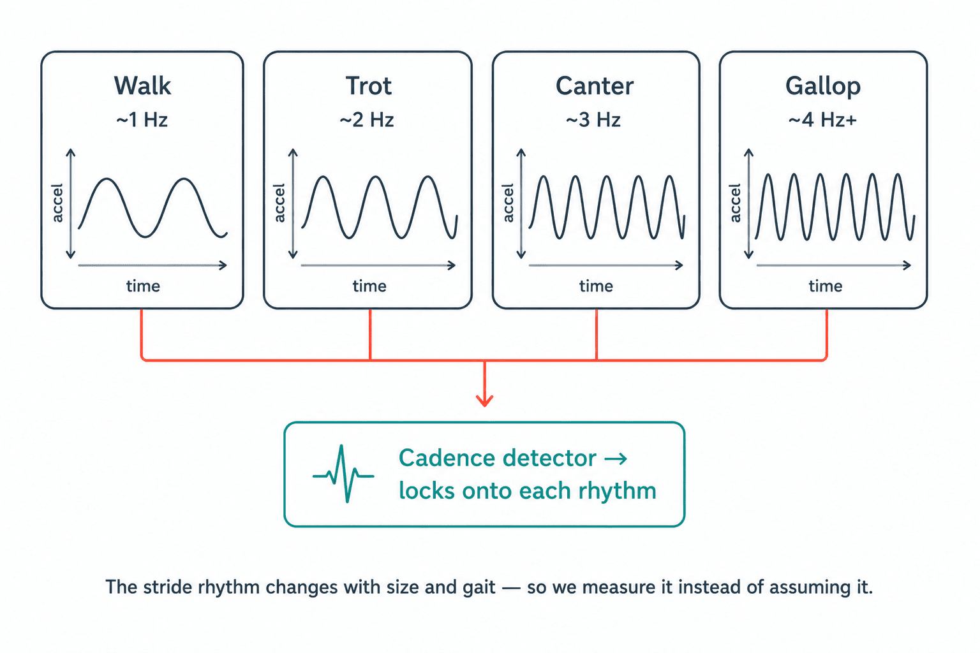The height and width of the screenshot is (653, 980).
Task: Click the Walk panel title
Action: pyautogui.click(x=142, y=85)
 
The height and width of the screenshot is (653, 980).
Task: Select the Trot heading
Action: pyautogui.click(x=368, y=85)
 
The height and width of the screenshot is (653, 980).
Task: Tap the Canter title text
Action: pyautogui.click(x=595, y=85)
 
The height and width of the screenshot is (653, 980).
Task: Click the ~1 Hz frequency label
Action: pyautogui.click(x=142, y=120)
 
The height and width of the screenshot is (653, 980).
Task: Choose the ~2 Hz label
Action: pyautogui.click(x=367, y=120)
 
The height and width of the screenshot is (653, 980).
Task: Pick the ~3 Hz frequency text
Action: pyautogui.click(x=593, y=120)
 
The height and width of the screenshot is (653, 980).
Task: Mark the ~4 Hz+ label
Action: pyautogui.click(x=822, y=120)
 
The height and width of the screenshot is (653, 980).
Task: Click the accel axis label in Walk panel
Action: pyautogui.click(x=57, y=203)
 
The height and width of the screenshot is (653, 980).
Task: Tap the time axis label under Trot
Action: pyautogui.click(x=369, y=286)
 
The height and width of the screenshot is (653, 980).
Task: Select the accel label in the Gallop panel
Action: pyautogui.click(x=735, y=203)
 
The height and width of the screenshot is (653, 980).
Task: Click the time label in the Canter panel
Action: pyautogui.click(x=597, y=286)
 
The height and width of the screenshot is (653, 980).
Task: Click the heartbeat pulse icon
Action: pyautogui.click(x=343, y=474)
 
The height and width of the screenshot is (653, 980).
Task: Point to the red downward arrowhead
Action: pyautogui.click(x=485, y=400)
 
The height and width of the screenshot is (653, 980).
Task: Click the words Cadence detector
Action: pyautogui.click(x=498, y=459)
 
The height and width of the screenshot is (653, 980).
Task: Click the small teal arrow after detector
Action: pyautogui.click(x=616, y=459)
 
